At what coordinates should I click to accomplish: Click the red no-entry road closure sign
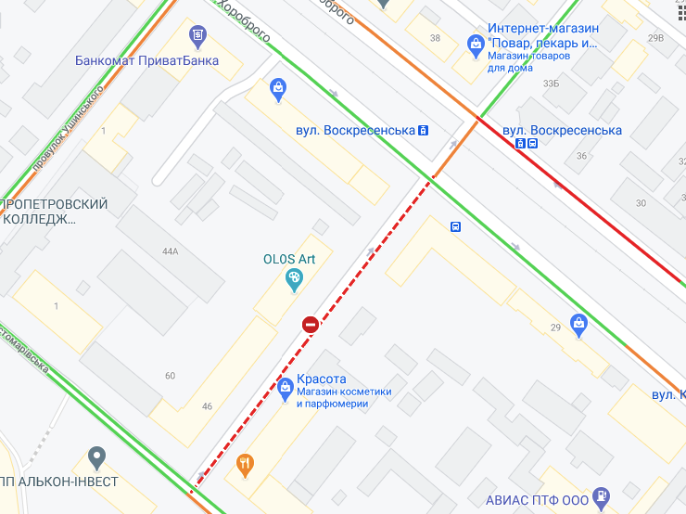(311, 324)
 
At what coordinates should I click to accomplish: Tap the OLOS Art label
(289, 259)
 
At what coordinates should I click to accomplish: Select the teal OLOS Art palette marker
(294, 277)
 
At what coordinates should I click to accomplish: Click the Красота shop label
(322, 379)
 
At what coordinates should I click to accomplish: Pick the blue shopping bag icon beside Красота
(286, 388)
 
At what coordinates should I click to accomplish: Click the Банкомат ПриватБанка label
(147, 61)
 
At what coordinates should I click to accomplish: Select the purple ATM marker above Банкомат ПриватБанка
(197, 37)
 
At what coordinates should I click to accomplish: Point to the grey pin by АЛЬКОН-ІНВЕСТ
(96, 456)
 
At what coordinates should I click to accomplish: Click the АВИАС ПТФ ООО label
(536, 499)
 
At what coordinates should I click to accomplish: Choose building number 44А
(170, 251)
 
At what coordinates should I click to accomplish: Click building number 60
(170, 376)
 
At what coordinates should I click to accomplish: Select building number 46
(207, 406)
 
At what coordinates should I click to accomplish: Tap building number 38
(435, 38)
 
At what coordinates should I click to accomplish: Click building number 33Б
(551, 84)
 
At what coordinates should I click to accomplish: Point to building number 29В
(655, 38)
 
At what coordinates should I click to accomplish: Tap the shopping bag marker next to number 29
(579, 325)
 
